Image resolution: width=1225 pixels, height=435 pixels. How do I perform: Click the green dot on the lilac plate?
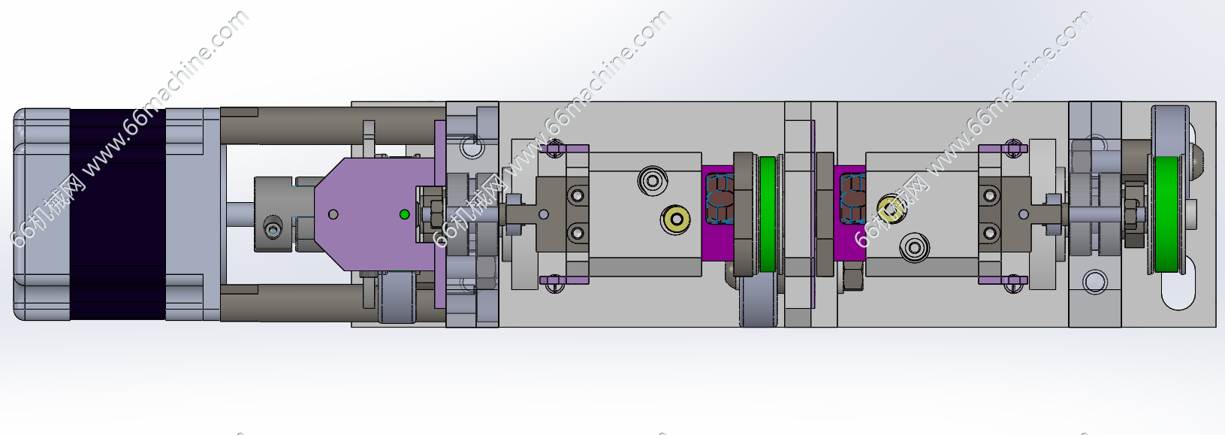click(x=404, y=214)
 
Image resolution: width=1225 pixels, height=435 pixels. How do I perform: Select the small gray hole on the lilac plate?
click(x=333, y=214)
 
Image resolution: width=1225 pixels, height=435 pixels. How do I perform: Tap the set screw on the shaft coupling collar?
click(x=273, y=226)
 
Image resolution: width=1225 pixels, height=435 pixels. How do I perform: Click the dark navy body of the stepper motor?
click(x=118, y=214)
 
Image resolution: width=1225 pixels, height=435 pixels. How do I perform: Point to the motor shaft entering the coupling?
click(x=240, y=214)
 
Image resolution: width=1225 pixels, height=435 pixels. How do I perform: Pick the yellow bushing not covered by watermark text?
click(x=676, y=219)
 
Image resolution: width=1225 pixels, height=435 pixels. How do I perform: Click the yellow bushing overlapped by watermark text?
click(x=890, y=208)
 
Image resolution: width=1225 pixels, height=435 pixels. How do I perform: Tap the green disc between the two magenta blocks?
click(x=768, y=214)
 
